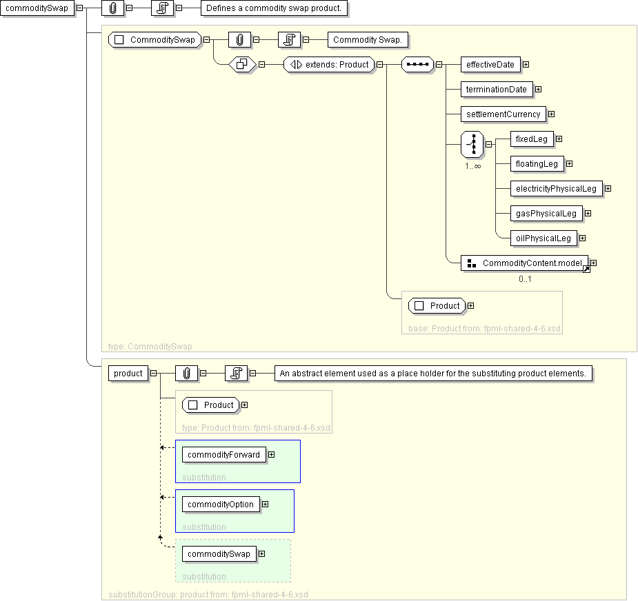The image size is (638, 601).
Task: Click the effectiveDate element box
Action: [490, 64]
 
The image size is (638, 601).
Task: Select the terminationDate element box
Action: [497, 89]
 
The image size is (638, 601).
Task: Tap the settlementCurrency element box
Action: [504, 114]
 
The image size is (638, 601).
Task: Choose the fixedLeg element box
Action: [532, 139]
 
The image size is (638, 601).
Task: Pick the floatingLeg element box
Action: [537, 163]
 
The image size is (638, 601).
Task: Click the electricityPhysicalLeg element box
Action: [556, 188]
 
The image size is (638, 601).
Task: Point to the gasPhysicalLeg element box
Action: [546, 213]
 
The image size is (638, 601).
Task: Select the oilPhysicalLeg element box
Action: [544, 238]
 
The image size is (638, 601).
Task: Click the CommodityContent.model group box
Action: [524, 263]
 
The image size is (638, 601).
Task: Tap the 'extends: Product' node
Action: [329, 64]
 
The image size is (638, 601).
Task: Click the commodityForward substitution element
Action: [223, 455]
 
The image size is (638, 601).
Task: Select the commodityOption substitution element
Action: [221, 505]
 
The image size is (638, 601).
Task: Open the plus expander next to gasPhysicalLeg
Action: [588, 213]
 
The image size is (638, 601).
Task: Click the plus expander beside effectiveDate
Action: [526, 64]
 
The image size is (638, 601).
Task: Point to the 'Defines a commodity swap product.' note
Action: [274, 8]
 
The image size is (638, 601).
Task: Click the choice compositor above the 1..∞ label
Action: [472, 144]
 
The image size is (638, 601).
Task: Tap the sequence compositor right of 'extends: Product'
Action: [417, 64]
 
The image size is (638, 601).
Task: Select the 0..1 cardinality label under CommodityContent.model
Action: [525, 279]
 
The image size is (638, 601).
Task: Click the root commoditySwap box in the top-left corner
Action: [37, 8]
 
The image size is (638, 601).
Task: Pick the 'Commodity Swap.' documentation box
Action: [368, 39]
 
